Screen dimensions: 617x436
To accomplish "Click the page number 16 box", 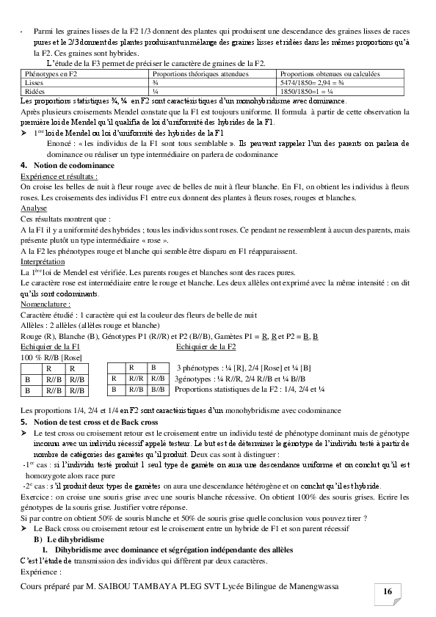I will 387,591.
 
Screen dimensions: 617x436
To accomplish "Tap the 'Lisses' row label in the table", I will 34,83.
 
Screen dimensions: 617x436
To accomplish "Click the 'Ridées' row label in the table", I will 34,92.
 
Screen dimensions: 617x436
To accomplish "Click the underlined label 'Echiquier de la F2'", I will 206,346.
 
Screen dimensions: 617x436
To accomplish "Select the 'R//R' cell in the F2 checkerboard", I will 136,379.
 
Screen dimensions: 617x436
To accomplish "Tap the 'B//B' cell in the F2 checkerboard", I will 158,390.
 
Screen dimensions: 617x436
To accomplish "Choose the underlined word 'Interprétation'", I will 43,261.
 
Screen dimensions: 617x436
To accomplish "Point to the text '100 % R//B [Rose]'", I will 51,357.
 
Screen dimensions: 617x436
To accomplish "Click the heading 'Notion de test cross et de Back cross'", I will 95,423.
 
